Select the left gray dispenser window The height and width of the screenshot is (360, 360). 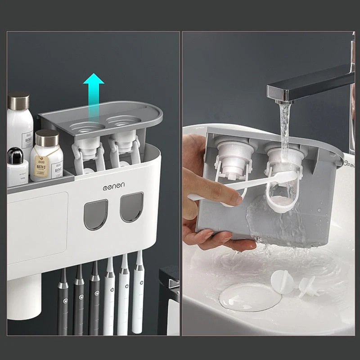[96, 214]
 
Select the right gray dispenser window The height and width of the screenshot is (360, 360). [131, 207]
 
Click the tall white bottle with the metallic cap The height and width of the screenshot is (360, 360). [19, 121]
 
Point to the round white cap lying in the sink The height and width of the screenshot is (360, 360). [282, 281]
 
